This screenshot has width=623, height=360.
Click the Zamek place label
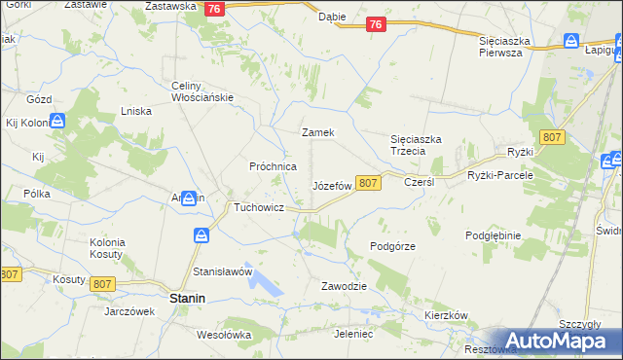tap(318, 132)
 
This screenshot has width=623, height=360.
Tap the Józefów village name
tap(331, 185)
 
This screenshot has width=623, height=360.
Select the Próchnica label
tap(273, 166)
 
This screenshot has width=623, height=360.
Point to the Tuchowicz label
tap(257, 208)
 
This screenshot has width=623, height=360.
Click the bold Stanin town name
tap(187, 300)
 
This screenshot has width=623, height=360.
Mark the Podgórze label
tap(393, 246)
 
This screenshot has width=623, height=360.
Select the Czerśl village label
tap(418, 182)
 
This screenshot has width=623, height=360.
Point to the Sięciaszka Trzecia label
tap(416, 145)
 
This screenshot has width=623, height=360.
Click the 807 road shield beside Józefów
tap(367, 183)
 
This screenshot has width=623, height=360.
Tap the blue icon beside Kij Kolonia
tap(57, 121)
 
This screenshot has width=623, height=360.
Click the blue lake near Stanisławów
tap(265, 282)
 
